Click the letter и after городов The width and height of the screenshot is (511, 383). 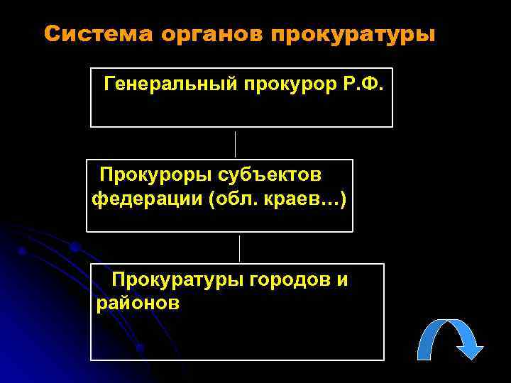pyautogui.click(x=342, y=279)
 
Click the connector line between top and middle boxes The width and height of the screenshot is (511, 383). pyautogui.click(x=235, y=143)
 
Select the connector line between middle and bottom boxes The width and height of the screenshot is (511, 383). pyautogui.click(x=239, y=248)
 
